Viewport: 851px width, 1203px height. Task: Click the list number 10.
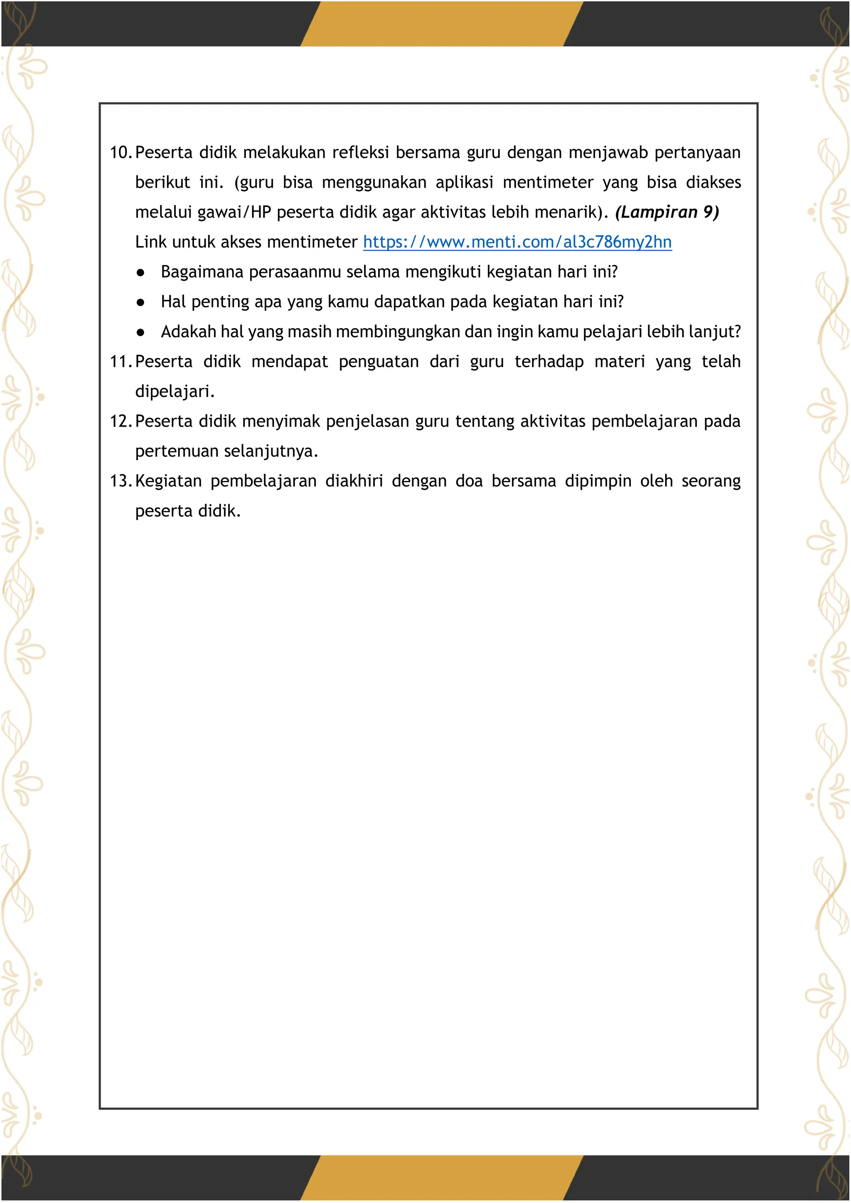point(121,152)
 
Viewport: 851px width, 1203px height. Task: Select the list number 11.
point(121,361)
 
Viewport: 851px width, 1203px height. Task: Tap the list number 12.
point(121,421)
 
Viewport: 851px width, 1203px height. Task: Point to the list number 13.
point(121,481)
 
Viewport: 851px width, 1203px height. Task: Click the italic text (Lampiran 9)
point(667,212)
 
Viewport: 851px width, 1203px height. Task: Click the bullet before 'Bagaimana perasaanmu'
point(140,273)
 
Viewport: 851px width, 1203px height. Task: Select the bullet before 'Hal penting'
point(140,302)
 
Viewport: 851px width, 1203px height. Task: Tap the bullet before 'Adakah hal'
point(140,332)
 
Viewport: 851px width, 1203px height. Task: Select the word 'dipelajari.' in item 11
point(175,391)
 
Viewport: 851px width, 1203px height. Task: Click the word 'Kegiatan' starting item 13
point(168,481)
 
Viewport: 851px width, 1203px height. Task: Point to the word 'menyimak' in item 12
point(281,421)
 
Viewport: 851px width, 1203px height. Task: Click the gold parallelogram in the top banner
point(441,24)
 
